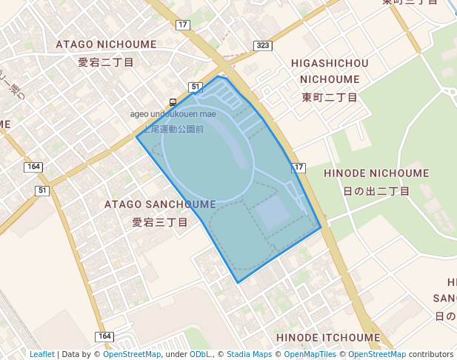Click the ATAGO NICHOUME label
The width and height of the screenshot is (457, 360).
106,44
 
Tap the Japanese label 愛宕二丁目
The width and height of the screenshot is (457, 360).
106,62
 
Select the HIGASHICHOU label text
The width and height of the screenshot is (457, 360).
330,63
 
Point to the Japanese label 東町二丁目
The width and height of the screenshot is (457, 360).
330,97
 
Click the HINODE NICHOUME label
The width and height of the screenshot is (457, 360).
376,173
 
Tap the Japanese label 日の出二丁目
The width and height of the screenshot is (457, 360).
376,191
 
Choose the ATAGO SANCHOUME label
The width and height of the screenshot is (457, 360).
160,204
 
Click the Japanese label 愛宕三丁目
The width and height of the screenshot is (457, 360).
160,221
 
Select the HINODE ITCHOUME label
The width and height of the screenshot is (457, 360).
327,338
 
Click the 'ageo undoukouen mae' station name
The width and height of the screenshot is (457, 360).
173,114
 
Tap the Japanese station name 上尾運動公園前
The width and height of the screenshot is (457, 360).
173,129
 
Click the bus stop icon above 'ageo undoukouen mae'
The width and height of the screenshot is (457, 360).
173,102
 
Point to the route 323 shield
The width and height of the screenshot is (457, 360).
261,46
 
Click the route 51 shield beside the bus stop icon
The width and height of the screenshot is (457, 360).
196,87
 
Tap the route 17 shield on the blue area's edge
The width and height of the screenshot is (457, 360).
298,168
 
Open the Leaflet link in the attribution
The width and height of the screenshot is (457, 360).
41,354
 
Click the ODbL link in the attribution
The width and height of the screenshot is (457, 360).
200,354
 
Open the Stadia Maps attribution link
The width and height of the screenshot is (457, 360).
249,354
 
